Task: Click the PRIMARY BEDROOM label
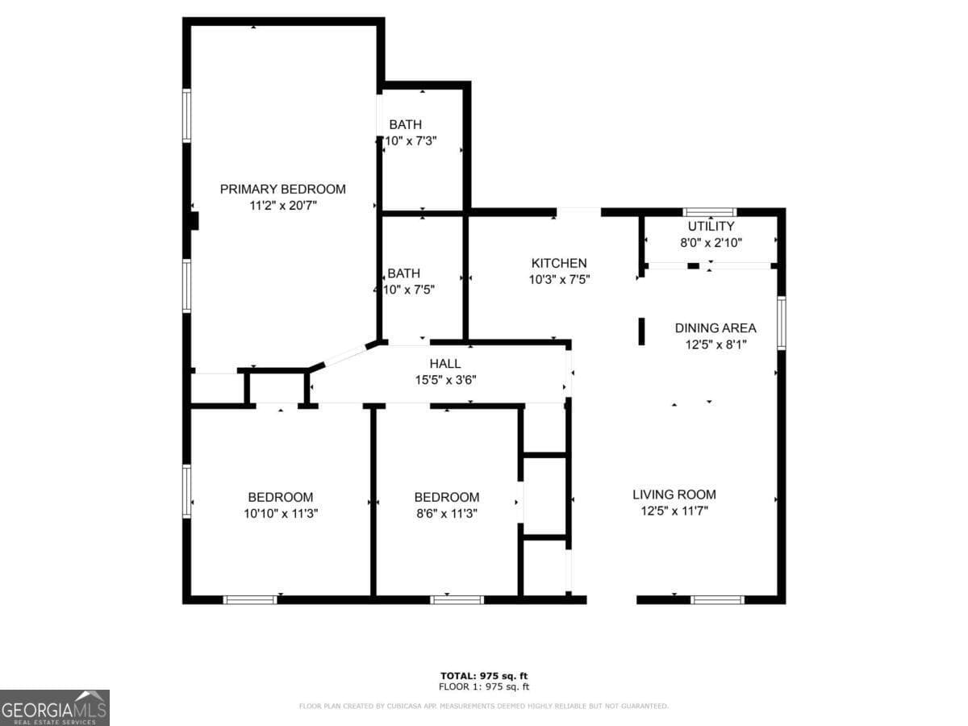(282, 189)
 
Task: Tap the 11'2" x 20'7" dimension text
(282, 206)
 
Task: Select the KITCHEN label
(558, 263)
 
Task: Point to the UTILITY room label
(710, 226)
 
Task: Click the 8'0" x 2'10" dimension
(710, 242)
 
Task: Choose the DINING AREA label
(716, 328)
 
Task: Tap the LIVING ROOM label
(674, 494)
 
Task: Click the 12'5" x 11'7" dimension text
(674, 511)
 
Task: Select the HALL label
(445, 364)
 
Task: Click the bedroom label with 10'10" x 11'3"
(280, 497)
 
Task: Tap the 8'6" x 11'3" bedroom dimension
(446, 513)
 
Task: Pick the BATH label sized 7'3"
(405, 124)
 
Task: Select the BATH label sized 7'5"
(403, 273)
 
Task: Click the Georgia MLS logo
(55, 707)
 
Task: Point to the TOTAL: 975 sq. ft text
(484, 676)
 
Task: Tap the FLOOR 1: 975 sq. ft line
(484, 687)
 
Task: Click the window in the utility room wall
(710, 212)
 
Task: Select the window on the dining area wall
(781, 323)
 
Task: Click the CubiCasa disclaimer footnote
(484, 707)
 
